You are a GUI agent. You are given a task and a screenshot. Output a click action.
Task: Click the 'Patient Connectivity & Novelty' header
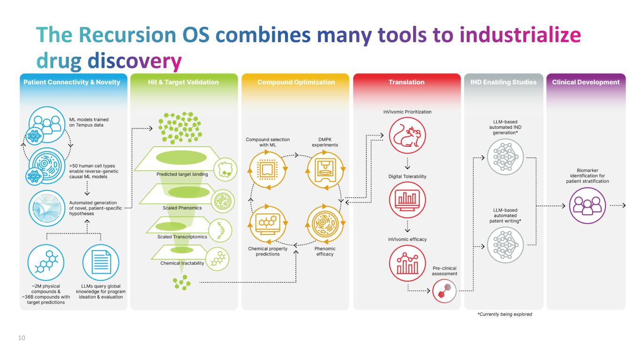(x=72, y=82)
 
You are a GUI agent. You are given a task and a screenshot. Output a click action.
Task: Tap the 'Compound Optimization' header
(x=296, y=82)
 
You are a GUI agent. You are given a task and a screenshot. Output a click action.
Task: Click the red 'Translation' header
(x=407, y=82)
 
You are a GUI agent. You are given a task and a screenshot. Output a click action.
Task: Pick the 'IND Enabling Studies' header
(x=503, y=82)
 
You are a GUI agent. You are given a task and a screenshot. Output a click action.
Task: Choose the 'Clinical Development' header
(x=586, y=82)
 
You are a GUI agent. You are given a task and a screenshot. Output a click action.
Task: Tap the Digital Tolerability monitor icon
(x=407, y=198)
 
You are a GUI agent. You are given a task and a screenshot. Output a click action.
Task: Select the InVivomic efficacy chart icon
(x=407, y=262)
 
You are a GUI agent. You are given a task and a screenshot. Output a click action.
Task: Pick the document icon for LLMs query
(x=99, y=261)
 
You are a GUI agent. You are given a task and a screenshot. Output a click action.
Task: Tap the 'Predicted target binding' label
(x=182, y=174)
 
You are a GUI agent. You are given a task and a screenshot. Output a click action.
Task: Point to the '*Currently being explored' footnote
(x=504, y=314)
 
